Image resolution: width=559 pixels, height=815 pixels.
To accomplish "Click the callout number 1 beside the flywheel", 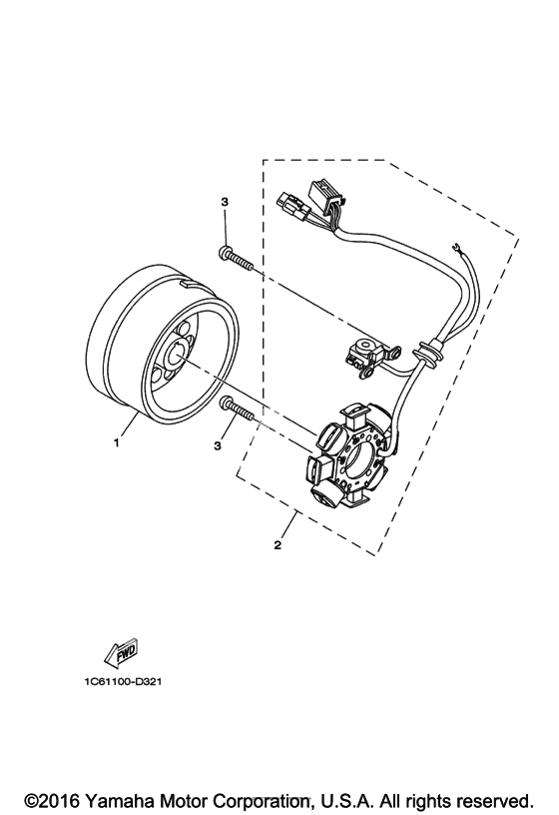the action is [x=117, y=442].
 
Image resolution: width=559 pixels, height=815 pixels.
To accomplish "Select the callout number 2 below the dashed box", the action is [x=278, y=545].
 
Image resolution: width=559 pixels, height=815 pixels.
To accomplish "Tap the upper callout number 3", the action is [x=225, y=202].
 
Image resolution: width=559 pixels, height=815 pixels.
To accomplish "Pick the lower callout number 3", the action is [x=218, y=445].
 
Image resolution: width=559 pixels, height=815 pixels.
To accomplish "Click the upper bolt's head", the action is [x=225, y=253].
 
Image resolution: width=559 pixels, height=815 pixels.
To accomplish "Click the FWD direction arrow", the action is [x=121, y=651].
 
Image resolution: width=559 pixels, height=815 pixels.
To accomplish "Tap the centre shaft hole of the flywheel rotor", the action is [x=176, y=355].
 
